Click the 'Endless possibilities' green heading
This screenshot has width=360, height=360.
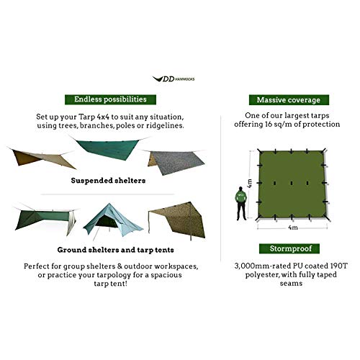pos(106,99)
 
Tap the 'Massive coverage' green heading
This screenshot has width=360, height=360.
pos(284,99)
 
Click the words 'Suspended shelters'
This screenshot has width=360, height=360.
pos(106,181)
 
